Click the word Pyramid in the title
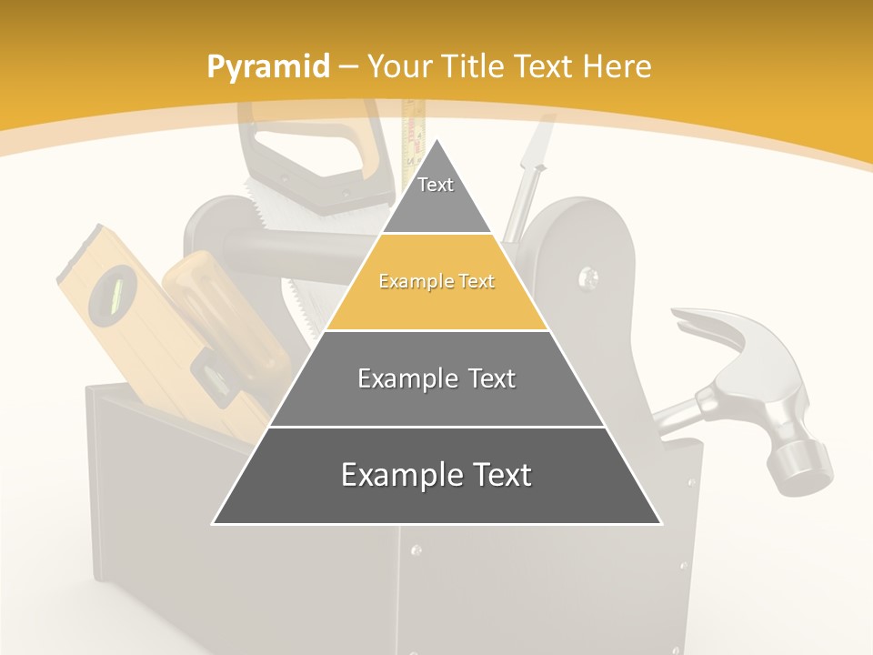point(267,67)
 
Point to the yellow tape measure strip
point(415,127)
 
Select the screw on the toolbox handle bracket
point(587,274)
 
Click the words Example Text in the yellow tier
point(436,282)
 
